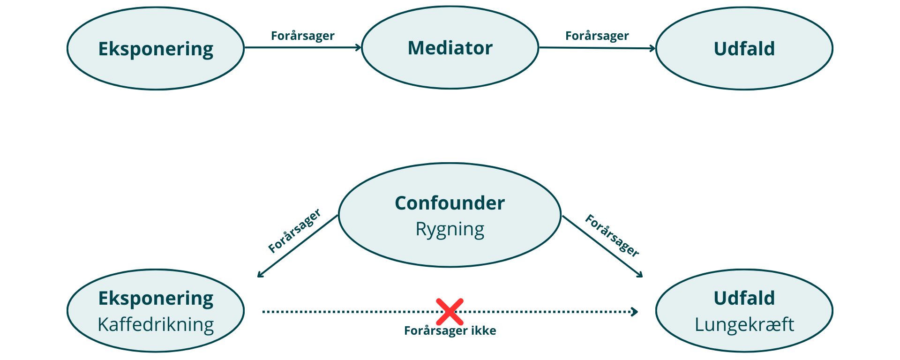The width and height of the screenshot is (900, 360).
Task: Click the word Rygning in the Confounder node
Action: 450,229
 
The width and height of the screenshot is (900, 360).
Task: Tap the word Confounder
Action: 450,203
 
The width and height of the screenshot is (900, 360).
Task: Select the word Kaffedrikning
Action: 156,324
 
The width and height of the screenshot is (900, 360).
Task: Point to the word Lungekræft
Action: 744,324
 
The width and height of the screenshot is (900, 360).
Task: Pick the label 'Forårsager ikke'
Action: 450,331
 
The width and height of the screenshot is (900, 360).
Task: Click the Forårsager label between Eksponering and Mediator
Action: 303,36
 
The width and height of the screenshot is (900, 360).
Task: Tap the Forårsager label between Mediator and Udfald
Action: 597,36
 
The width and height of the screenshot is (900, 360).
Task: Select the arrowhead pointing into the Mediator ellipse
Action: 359,47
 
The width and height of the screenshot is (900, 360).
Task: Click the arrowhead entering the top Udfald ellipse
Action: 652,48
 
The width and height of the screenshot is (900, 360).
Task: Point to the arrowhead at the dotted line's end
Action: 635,312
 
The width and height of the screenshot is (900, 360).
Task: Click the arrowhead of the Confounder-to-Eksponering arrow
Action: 260,276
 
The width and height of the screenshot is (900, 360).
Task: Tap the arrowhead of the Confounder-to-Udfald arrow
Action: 640,276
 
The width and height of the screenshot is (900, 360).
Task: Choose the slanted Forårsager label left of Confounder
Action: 294,231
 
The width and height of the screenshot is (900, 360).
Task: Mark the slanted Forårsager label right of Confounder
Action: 612,235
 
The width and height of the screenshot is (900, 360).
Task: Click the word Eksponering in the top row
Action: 156,49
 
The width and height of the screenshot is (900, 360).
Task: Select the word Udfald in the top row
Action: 744,49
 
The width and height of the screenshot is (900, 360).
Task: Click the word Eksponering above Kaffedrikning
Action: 156,298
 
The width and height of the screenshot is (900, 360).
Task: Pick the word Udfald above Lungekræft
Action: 744,298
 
